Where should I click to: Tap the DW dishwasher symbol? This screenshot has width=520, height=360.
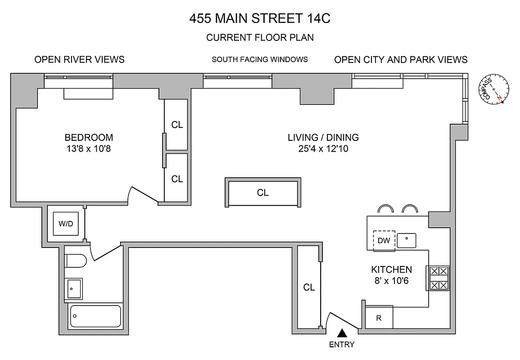[384, 241]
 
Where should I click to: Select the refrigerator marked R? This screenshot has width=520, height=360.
[379, 318]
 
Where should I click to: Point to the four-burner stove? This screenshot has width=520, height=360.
[438, 278]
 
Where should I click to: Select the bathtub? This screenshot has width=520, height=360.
[95, 316]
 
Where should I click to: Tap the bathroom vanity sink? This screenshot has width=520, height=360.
[74, 288]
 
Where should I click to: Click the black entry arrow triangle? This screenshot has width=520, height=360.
[343, 333]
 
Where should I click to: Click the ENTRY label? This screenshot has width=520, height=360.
[342, 345]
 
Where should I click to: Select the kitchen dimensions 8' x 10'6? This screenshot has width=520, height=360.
[391, 281]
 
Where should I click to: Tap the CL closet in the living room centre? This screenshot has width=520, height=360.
[263, 193]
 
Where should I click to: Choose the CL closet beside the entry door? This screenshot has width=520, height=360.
[309, 287]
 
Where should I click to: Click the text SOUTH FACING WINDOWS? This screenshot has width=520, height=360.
[260, 59]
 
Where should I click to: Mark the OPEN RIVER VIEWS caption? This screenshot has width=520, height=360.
[79, 59]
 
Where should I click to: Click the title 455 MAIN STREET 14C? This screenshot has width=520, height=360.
[260, 19]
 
